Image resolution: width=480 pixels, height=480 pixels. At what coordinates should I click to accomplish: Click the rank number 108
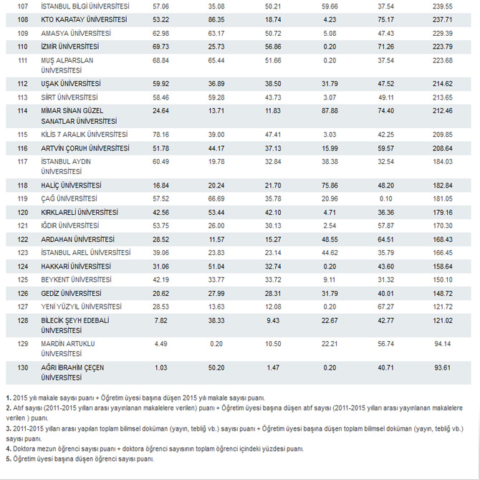pos(22,19)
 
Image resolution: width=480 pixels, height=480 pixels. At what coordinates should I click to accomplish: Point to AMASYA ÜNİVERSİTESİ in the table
pos(76,33)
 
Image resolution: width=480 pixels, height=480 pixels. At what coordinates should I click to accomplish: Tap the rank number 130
pos(22,368)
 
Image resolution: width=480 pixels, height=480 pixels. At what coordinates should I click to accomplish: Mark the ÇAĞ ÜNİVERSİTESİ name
pos(69,198)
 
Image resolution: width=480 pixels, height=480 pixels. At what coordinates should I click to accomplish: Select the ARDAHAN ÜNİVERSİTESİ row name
pos(78,239)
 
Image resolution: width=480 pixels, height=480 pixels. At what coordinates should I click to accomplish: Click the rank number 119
pos(22,198)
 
